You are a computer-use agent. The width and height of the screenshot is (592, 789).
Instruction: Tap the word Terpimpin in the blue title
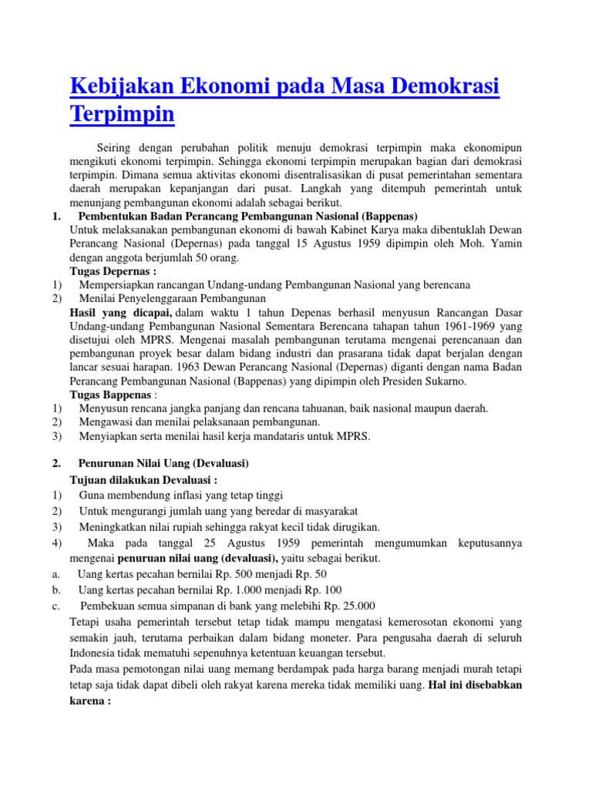pos(122,114)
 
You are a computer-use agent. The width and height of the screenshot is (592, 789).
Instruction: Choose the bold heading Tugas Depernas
pos(113,271)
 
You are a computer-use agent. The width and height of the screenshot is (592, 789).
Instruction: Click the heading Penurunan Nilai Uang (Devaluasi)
pos(163,463)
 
